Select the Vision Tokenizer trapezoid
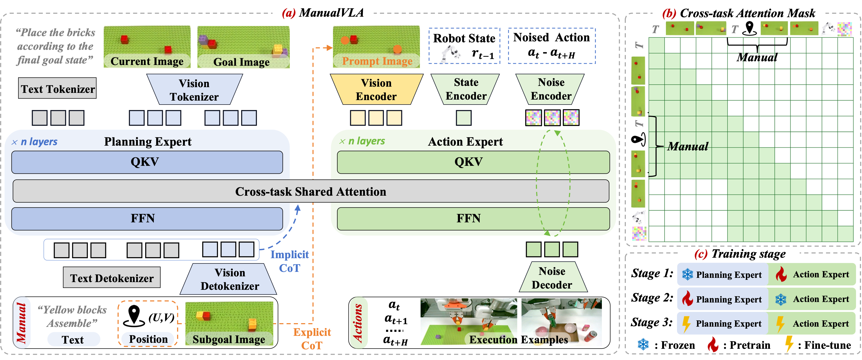pos(194,90)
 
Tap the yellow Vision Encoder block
pos(376,89)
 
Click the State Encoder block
pos(465,89)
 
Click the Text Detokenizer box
pos(112,278)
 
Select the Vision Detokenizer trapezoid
pos(230,279)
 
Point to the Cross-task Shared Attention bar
pos(311,191)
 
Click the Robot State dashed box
pos(464,46)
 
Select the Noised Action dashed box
pos(551,46)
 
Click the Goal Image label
pos(242,62)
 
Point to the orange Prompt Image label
pos(377,61)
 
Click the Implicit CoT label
pos(289,261)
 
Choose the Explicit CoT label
pos(312,338)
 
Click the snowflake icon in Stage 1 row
pos(688,274)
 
